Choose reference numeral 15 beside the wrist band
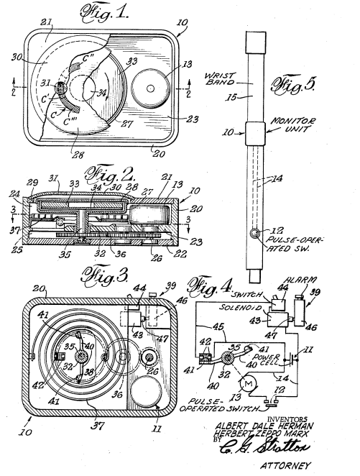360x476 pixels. pyautogui.click(x=232, y=94)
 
